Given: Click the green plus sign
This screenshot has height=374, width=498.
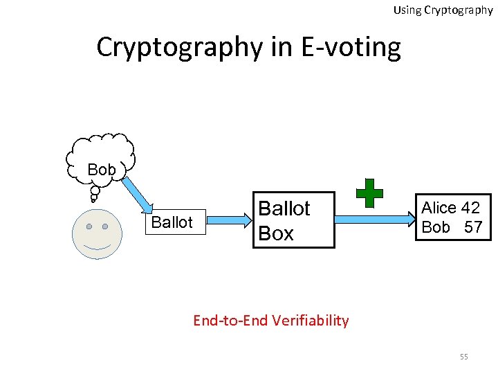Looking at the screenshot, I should (x=369, y=193).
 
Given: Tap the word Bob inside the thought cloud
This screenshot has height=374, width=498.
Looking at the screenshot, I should (x=102, y=170).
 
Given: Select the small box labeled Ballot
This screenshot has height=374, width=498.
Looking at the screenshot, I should (x=172, y=222).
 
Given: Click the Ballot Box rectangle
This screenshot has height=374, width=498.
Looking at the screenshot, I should (x=293, y=220).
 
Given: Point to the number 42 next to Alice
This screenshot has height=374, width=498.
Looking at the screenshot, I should (x=470, y=208).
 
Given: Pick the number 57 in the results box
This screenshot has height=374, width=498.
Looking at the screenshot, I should (x=473, y=227).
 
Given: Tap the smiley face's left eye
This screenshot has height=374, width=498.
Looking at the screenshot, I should (x=89, y=226).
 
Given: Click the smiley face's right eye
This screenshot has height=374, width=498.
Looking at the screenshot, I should (x=105, y=226).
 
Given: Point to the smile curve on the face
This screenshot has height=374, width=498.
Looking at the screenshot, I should (x=97, y=247).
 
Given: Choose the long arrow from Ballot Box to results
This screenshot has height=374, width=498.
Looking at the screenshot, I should (x=373, y=220).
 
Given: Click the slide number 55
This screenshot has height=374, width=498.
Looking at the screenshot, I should (x=463, y=357).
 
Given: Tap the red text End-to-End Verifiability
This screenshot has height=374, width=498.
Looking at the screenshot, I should (x=270, y=320).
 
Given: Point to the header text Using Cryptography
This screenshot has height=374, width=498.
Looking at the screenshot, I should (x=443, y=10).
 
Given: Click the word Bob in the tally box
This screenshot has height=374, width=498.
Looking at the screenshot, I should (x=436, y=227).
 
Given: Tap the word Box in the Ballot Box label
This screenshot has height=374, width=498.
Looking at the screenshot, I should (x=276, y=233).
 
